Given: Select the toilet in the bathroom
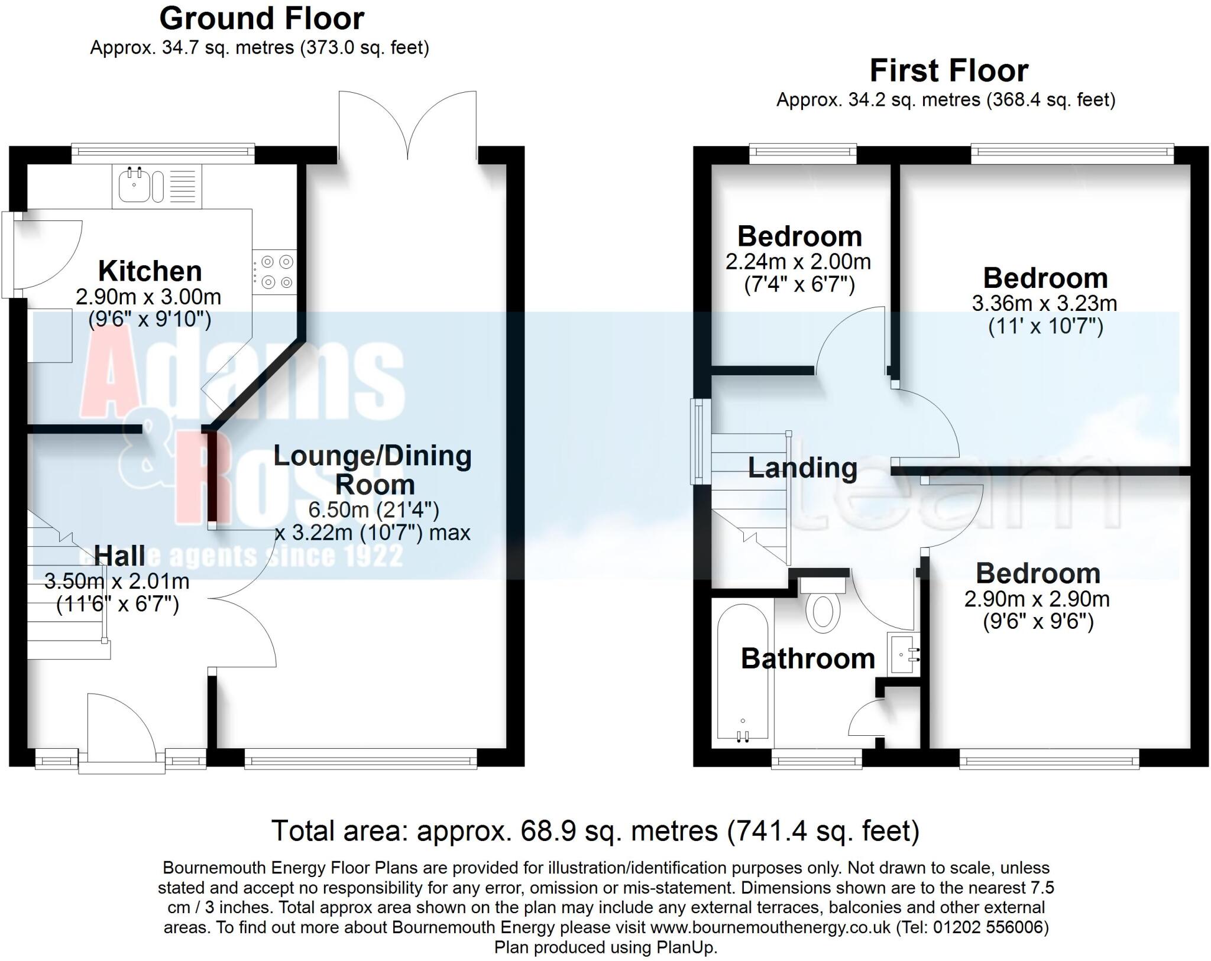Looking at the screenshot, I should (823, 612).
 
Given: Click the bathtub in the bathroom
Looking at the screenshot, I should (743, 674).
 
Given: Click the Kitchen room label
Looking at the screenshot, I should (150, 271).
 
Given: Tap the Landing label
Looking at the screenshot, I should (802, 468).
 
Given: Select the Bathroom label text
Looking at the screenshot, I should (808, 659).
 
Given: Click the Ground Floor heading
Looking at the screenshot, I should (261, 19).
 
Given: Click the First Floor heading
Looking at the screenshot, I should (949, 71).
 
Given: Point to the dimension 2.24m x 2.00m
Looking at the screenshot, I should (798, 262).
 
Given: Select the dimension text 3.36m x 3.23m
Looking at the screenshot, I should (1044, 304).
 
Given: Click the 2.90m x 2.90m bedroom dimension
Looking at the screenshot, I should (1037, 599).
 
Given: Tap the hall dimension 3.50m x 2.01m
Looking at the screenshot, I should (117, 582).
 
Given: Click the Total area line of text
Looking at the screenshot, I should (595, 831).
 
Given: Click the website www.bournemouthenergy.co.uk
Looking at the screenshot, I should (770, 927).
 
